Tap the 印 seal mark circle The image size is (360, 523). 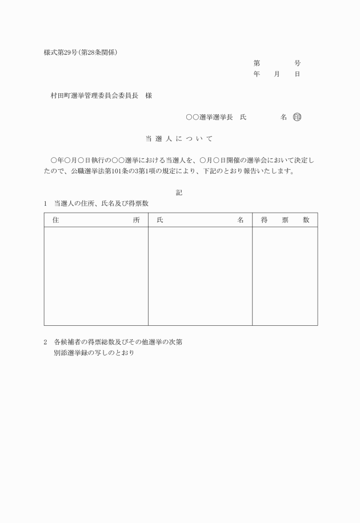297,117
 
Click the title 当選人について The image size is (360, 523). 179,139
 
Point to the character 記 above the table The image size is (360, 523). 179,193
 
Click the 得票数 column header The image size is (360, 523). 285,219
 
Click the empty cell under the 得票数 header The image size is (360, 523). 285,276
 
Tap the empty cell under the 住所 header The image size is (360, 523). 96,276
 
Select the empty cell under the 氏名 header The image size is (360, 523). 200,276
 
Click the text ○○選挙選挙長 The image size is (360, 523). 209,117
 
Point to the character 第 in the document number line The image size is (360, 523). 257,63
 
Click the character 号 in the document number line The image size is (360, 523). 297,63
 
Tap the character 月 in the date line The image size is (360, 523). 277,74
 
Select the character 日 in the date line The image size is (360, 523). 297,74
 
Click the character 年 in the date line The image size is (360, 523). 257,74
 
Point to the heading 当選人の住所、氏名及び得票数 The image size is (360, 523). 101,203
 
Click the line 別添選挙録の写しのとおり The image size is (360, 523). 94,353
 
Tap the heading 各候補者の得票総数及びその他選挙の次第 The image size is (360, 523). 118,342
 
